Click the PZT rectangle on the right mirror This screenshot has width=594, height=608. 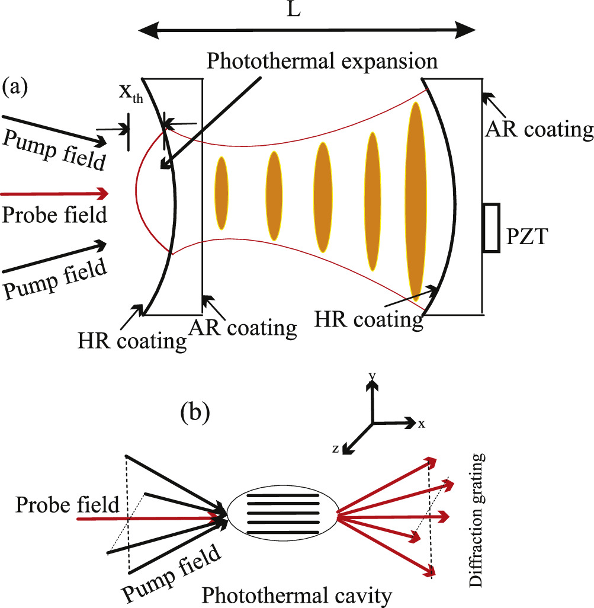[x=492, y=228]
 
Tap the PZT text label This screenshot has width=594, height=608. [x=527, y=236]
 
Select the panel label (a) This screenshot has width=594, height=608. [x=15, y=87]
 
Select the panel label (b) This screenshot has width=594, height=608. [x=195, y=412]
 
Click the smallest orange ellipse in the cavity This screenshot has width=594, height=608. [x=221, y=193]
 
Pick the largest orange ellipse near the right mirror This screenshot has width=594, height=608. [x=416, y=201]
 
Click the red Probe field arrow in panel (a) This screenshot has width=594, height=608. [x=54, y=194]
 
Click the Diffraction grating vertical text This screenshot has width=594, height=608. [x=476, y=520]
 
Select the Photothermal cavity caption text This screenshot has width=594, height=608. [x=297, y=596]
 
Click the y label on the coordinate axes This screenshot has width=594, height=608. [x=373, y=375]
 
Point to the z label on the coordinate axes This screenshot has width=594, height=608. [x=336, y=449]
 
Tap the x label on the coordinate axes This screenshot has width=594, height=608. [x=422, y=424]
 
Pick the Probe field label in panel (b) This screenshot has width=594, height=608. [x=67, y=505]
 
